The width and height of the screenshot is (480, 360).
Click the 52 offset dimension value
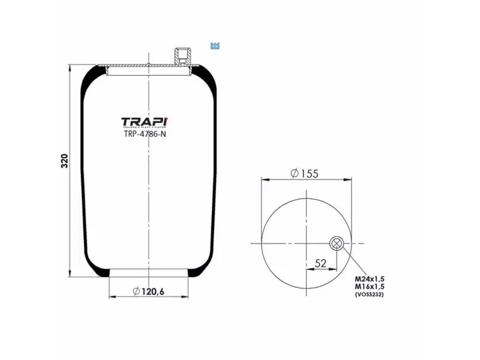click(x=320, y=263)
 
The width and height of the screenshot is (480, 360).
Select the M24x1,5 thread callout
click(x=369, y=280)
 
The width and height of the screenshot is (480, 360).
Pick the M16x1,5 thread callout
click(x=369, y=287)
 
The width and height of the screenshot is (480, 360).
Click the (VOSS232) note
click(x=369, y=295)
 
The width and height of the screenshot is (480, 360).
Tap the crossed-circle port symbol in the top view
click(x=336, y=243)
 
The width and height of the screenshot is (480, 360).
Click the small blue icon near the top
click(x=215, y=46)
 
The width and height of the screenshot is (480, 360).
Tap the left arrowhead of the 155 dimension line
click(x=265, y=179)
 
